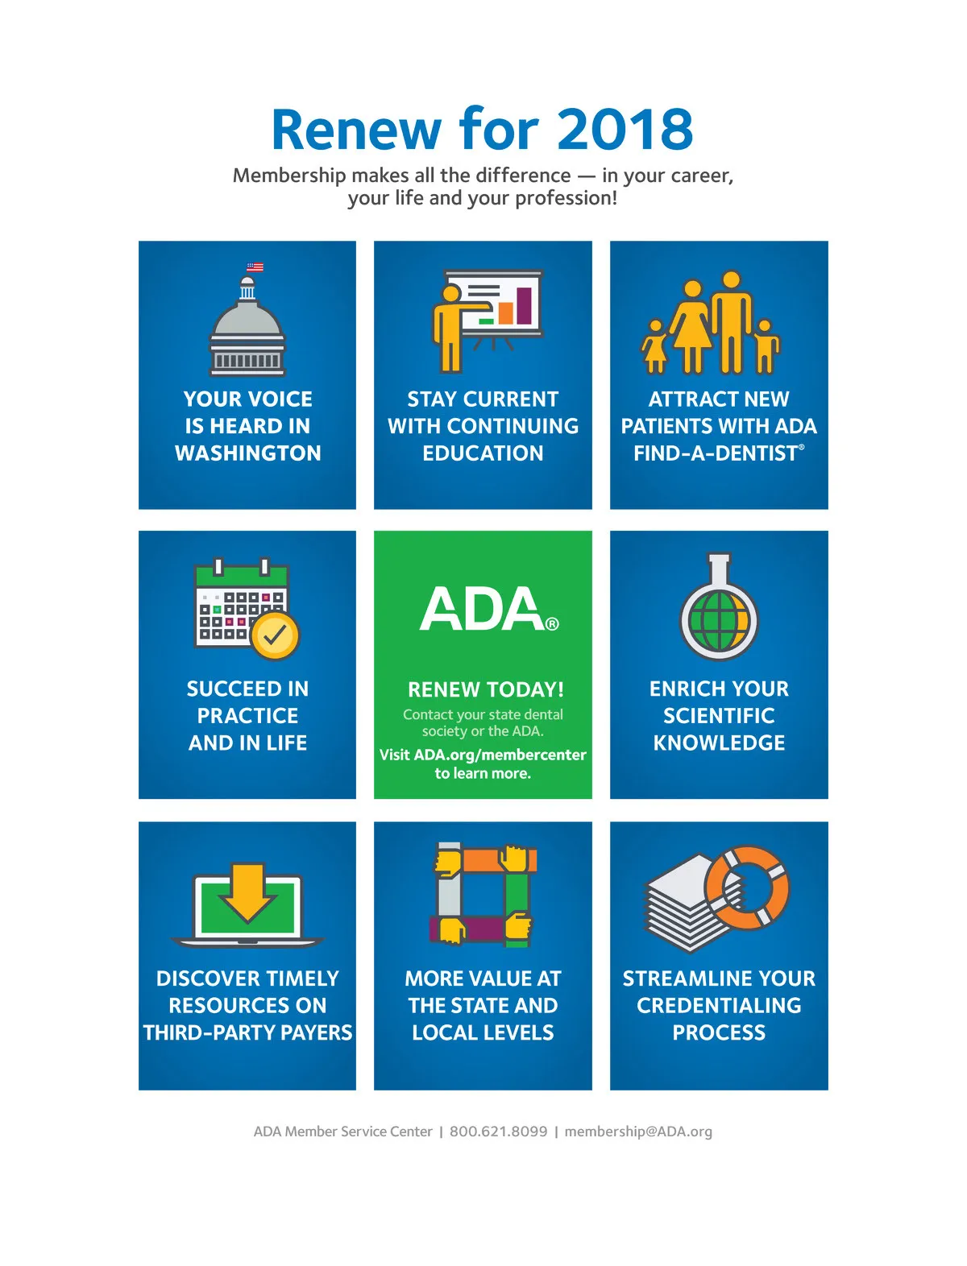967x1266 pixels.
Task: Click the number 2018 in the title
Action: pos(625,130)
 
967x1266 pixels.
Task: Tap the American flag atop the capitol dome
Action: pos(255,267)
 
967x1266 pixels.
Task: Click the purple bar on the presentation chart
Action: pos(524,305)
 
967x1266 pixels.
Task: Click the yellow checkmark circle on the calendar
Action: pos(275,635)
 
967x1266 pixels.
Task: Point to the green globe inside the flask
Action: pos(719,620)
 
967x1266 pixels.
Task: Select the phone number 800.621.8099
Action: pos(498,1132)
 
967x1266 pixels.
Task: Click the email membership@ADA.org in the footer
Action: pos(638,1132)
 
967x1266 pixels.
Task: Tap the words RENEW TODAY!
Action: pos(485,689)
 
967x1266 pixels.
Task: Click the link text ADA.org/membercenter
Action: pos(500,755)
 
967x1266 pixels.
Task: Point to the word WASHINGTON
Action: pos(247,453)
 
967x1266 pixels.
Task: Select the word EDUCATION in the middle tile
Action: pos(483,453)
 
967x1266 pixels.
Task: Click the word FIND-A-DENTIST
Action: pos(715,453)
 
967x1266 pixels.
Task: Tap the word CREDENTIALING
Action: pos(719,1006)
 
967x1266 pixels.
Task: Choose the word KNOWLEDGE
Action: pos(719,743)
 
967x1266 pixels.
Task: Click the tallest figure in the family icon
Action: pos(731,322)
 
